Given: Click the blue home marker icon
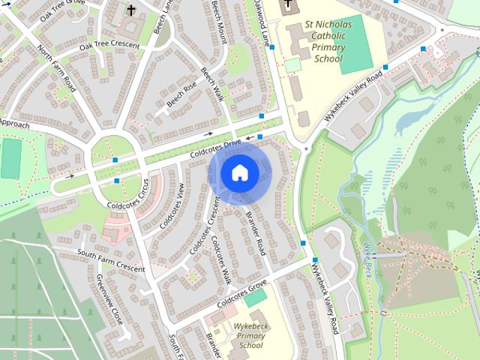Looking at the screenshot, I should [x=239, y=172].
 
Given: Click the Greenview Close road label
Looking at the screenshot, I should [x=109, y=299].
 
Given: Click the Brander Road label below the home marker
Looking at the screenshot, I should [x=255, y=233].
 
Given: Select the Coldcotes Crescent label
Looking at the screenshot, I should [x=202, y=229].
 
